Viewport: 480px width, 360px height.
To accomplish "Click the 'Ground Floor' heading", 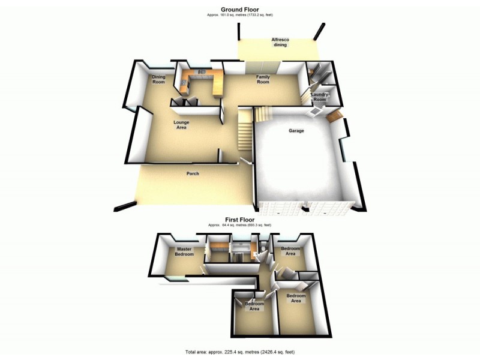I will pyautogui.click(x=239, y=9).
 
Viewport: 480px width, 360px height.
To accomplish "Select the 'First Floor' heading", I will pyautogui.click(x=239, y=220).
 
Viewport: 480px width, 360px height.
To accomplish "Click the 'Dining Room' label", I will pyautogui.click(x=158, y=79).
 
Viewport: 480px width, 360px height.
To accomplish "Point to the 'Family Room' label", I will pyautogui.click(x=263, y=79).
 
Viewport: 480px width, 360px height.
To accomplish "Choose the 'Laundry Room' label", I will pyautogui.click(x=319, y=97).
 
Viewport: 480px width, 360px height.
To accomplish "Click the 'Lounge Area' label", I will pyautogui.click(x=181, y=125).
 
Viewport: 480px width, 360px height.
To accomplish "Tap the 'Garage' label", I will pyautogui.click(x=296, y=130).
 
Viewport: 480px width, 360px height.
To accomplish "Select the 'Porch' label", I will pyautogui.click(x=192, y=173).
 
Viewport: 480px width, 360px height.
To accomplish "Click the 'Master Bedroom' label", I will pyautogui.click(x=184, y=251).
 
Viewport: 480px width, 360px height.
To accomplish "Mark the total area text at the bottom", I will pyautogui.click(x=239, y=352).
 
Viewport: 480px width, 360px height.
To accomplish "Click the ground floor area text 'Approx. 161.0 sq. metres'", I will pyautogui.click(x=239, y=15).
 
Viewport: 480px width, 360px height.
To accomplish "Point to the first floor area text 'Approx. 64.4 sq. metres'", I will pyautogui.click(x=239, y=225).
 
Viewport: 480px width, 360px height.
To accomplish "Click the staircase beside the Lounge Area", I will pyautogui.click(x=245, y=128).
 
